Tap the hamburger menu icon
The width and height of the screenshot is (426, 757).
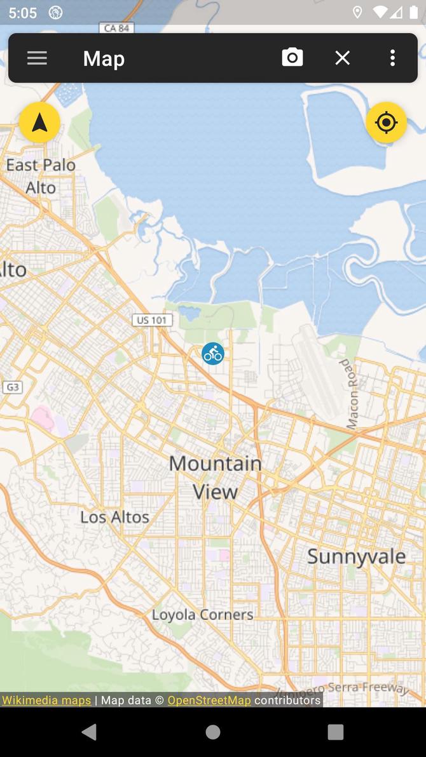click(x=37, y=58)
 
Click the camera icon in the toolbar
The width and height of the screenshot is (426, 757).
click(x=292, y=58)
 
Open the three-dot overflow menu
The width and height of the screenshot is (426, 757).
click(x=392, y=58)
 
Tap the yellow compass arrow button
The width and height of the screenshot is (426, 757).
click(x=39, y=122)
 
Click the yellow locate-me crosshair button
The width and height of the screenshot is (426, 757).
click(x=386, y=122)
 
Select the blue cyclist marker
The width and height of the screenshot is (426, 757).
click(x=213, y=354)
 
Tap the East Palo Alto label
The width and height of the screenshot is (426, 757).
click(x=41, y=176)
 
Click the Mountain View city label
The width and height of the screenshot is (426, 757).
click(x=216, y=477)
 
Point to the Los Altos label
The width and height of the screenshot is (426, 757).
click(x=114, y=517)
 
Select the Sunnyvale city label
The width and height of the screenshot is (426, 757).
click(x=356, y=556)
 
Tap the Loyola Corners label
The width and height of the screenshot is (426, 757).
click(x=202, y=615)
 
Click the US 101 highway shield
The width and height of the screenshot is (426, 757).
click(x=153, y=320)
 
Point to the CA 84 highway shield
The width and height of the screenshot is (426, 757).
click(x=117, y=28)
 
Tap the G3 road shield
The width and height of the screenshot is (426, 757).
click(x=11, y=387)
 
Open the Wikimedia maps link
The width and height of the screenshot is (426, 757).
click(x=46, y=700)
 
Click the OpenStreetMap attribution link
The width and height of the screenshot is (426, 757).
click(x=209, y=700)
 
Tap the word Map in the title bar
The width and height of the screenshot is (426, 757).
click(x=104, y=58)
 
